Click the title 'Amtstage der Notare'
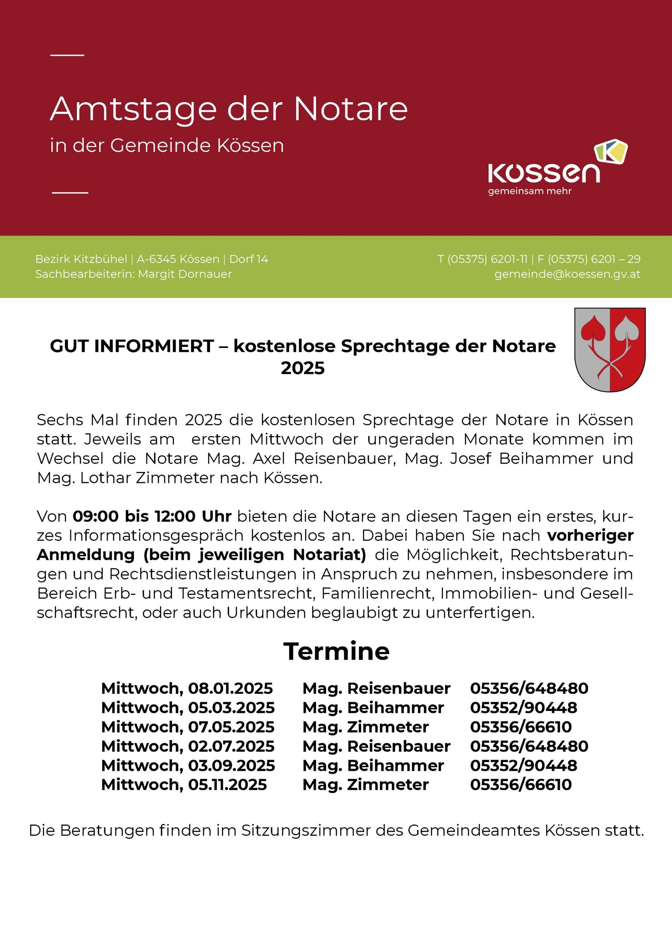pos(229,109)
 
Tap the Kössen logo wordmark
pos(544,173)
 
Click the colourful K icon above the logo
pos(611,151)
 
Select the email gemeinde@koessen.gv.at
pos(567,274)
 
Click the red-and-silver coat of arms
pos(610,350)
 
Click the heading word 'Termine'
pos(336,652)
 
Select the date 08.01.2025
pos(231,688)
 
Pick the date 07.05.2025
pos(231,727)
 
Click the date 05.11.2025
pos(228,785)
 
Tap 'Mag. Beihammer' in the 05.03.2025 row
pos(373,708)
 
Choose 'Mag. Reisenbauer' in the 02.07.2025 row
pos(376,746)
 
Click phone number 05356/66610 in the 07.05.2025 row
pos(521,727)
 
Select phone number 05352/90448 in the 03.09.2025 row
pos(523,765)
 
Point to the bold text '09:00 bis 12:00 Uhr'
pos(152,516)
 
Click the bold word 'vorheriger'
pos(590,536)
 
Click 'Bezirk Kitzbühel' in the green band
pos(81,259)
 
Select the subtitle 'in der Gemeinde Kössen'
pos(167,146)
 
